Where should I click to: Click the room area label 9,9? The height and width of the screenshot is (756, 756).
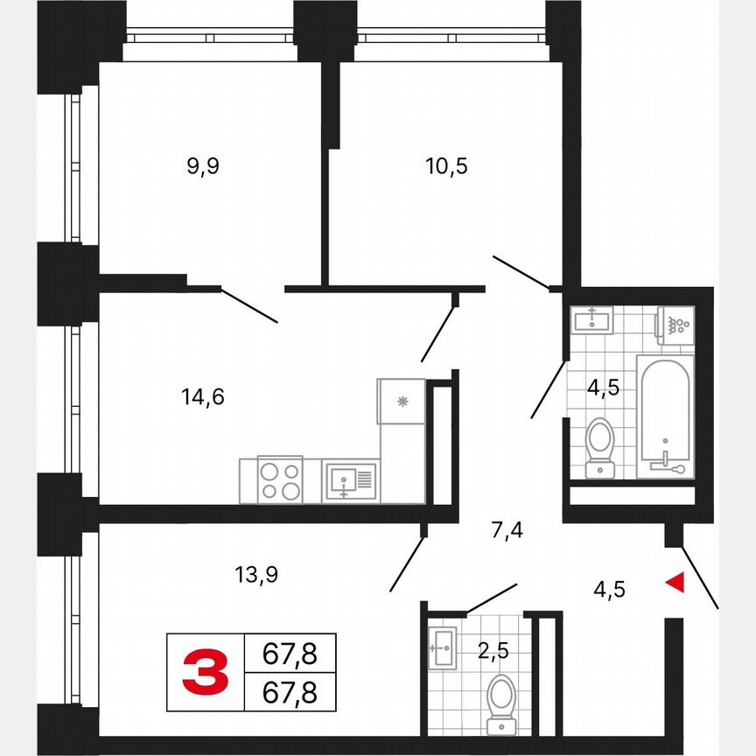click(202, 167)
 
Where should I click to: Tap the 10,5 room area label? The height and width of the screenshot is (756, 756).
click(450, 165)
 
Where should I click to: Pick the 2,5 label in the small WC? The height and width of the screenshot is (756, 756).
click(493, 650)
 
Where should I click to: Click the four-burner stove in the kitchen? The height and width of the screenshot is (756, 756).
click(280, 480)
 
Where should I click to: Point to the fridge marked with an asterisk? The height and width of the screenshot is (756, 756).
click(402, 402)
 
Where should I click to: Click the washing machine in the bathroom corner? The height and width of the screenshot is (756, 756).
click(675, 324)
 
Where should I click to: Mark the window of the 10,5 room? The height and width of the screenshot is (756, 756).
click(451, 37)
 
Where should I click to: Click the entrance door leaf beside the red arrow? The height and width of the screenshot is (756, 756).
click(701, 577)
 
